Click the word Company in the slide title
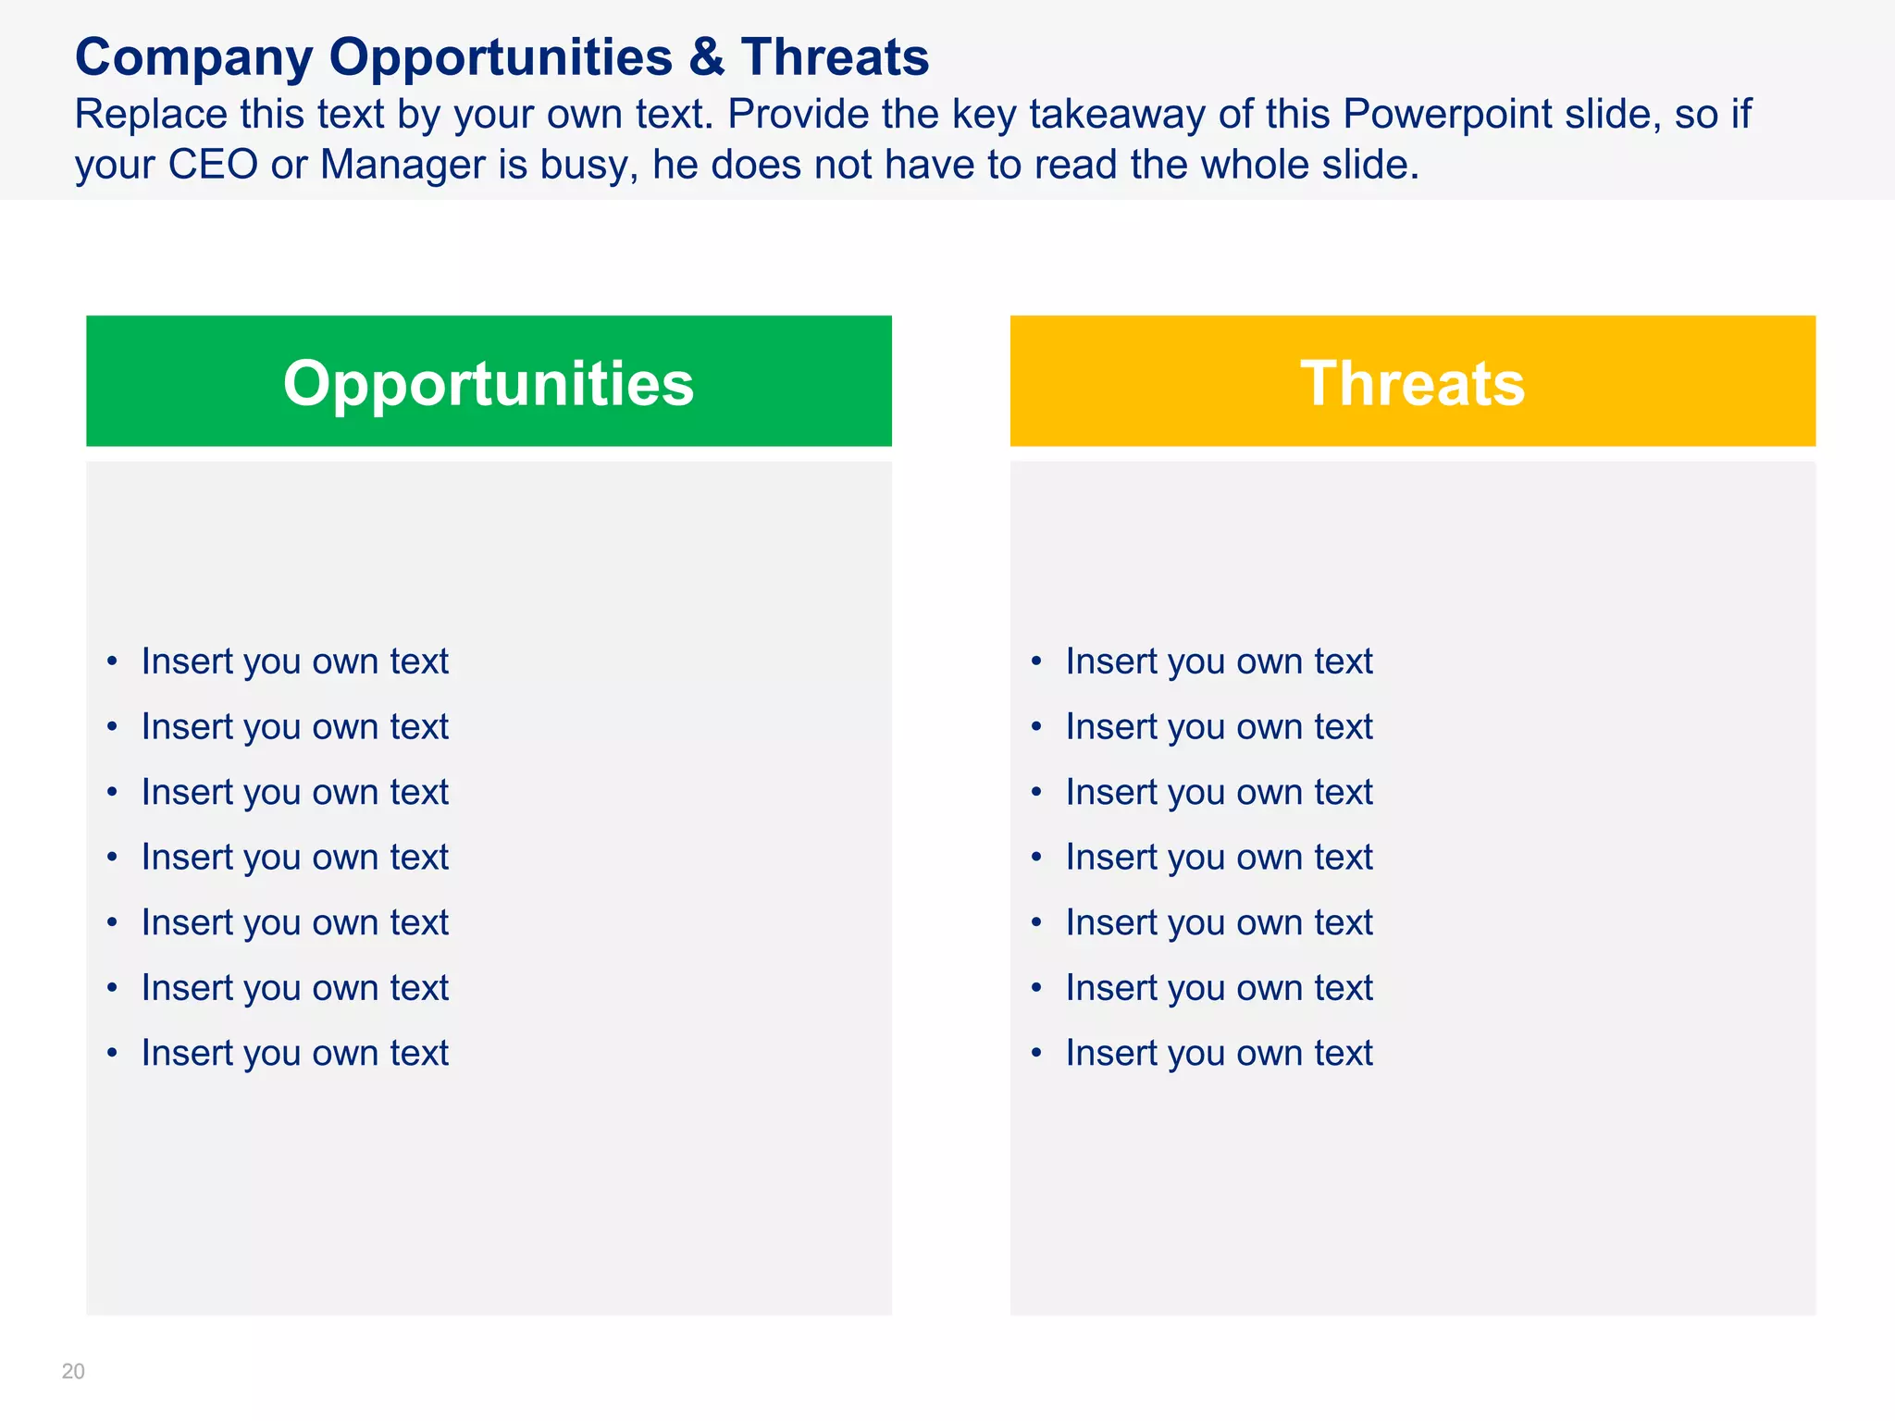(x=193, y=57)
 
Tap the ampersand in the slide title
(x=706, y=57)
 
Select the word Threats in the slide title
(x=835, y=57)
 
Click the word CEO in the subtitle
(x=213, y=165)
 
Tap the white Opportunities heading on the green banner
(x=489, y=383)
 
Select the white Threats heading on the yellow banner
(x=1412, y=383)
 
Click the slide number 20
(x=73, y=1371)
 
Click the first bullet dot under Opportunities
(x=112, y=661)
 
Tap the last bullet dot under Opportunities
(x=112, y=1053)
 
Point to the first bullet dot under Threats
(x=1036, y=661)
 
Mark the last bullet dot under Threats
(x=1036, y=1053)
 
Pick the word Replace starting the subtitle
(x=151, y=115)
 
